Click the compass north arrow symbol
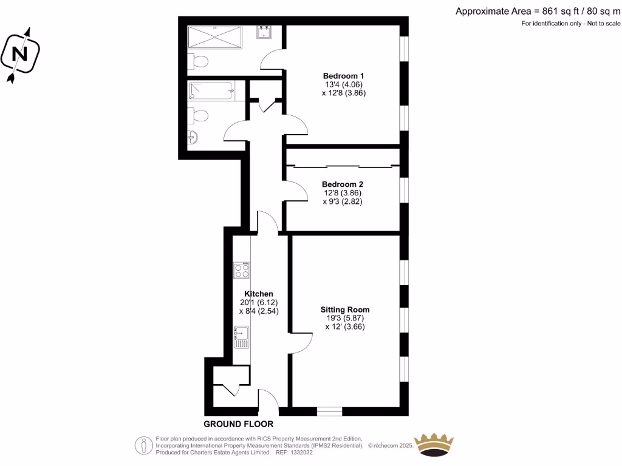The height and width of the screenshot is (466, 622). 21,53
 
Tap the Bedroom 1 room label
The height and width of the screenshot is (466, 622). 343,76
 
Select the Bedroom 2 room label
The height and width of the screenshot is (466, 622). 343,184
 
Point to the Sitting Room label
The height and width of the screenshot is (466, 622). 345,309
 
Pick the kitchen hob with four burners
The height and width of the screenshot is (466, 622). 242,270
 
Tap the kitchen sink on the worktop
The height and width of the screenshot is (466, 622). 242,337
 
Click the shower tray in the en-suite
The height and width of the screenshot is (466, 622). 214,38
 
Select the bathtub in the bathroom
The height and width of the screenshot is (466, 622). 210,92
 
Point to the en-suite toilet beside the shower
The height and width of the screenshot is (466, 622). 197,61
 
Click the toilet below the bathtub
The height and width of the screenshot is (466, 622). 198,115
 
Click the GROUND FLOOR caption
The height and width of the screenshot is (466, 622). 238,424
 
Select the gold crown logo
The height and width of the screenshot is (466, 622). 434,445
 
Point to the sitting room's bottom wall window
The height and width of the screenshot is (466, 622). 330,411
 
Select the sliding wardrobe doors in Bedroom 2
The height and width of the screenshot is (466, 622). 342,166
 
